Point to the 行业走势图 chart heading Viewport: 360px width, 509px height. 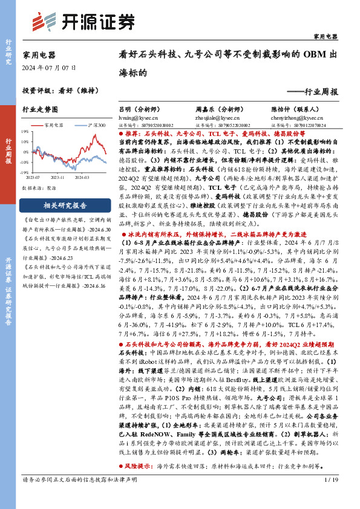[40, 110]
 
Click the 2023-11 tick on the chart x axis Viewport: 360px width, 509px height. [58, 177]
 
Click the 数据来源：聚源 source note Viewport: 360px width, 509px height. [39, 188]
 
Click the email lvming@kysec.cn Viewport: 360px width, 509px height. [133, 118]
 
